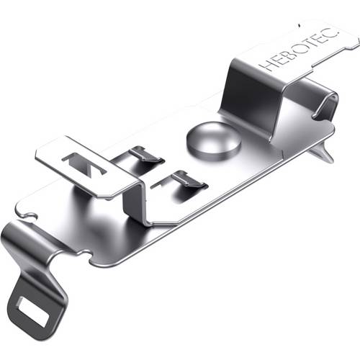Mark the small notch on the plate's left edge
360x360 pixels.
pyautogui.click(x=27, y=214)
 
